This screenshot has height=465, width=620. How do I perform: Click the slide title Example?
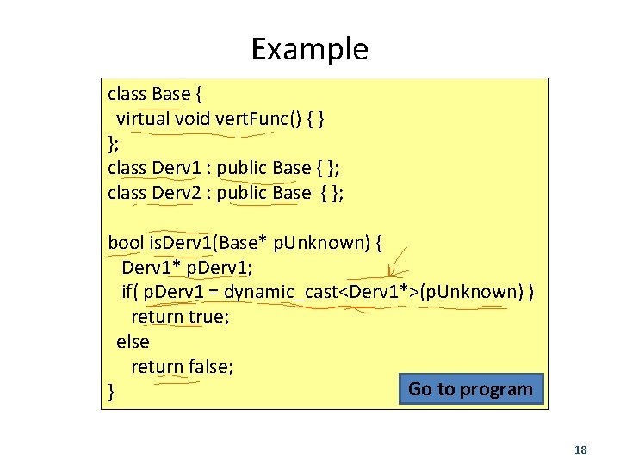click(x=309, y=49)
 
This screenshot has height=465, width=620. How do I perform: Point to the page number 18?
click(x=580, y=450)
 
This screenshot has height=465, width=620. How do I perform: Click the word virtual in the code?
click(x=144, y=118)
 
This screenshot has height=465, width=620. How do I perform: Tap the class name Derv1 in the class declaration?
click(x=177, y=168)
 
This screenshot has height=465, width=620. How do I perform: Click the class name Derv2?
click(x=177, y=193)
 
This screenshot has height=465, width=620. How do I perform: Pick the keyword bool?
click(x=126, y=243)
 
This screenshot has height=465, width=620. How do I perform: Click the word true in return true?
click(x=205, y=317)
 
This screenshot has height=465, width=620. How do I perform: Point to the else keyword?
click(x=132, y=342)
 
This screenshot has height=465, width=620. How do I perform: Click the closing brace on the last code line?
click(x=111, y=393)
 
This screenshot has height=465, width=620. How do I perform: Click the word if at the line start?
click(x=129, y=292)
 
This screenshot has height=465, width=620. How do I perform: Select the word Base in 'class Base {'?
click(x=171, y=93)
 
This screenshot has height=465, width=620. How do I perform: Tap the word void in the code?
click(x=193, y=118)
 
